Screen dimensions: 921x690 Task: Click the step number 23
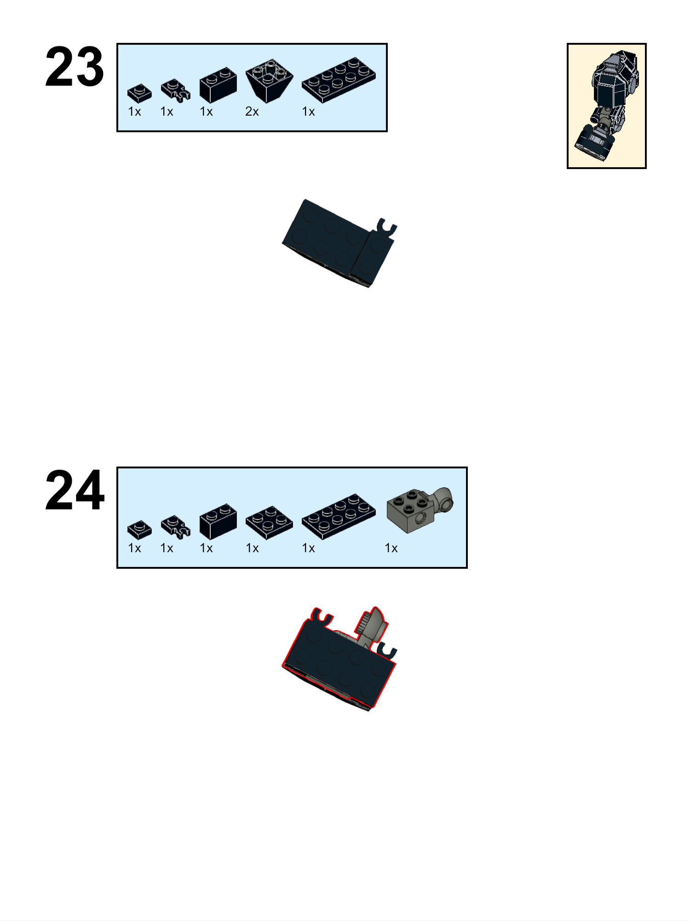(x=75, y=67)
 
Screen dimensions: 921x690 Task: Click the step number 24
(x=75, y=490)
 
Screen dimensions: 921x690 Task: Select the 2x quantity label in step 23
(x=252, y=111)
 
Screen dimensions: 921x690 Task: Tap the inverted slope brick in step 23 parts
(x=270, y=80)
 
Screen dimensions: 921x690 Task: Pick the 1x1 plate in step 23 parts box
(x=139, y=93)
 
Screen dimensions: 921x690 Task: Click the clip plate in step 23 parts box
(x=175, y=90)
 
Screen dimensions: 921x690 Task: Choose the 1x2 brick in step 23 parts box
(x=218, y=85)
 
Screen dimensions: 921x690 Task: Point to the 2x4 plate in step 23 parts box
(x=339, y=79)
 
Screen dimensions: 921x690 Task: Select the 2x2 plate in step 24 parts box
(x=269, y=523)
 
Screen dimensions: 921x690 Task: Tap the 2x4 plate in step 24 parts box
(x=339, y=516)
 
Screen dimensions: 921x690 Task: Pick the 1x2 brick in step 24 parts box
(x=218, y=521)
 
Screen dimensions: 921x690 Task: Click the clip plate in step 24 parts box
(x=175, y=527)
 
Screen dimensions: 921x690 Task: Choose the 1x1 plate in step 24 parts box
(x=139, y=530)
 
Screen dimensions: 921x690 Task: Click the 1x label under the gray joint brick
(x=391, y=548)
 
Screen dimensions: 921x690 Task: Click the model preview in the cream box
(x=607, y=106)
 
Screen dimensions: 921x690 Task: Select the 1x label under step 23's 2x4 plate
(x=308, y=111)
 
